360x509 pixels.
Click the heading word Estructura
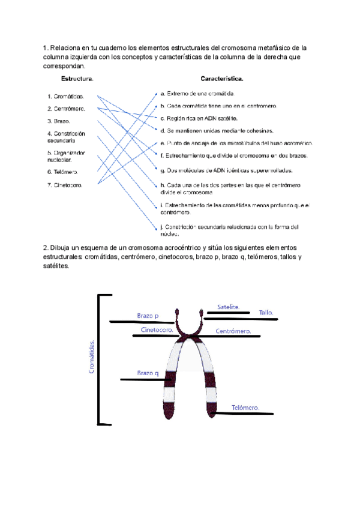(77, 79)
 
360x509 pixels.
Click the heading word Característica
(221, 79)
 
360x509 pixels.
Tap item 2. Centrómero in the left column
(66, 109)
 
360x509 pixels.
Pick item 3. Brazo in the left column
(58, 121)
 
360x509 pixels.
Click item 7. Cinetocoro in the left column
(65, 185)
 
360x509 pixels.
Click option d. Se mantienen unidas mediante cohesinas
(217, 130)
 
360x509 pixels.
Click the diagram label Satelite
(228, 307)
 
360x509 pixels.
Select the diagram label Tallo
(266, 313)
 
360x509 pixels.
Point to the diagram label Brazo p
(148, 316)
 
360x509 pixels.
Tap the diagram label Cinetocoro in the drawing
(157, 330)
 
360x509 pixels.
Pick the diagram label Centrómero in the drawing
(233, 331)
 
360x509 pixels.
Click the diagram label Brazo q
(148, 373)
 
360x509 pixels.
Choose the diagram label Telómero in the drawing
(245, 408)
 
